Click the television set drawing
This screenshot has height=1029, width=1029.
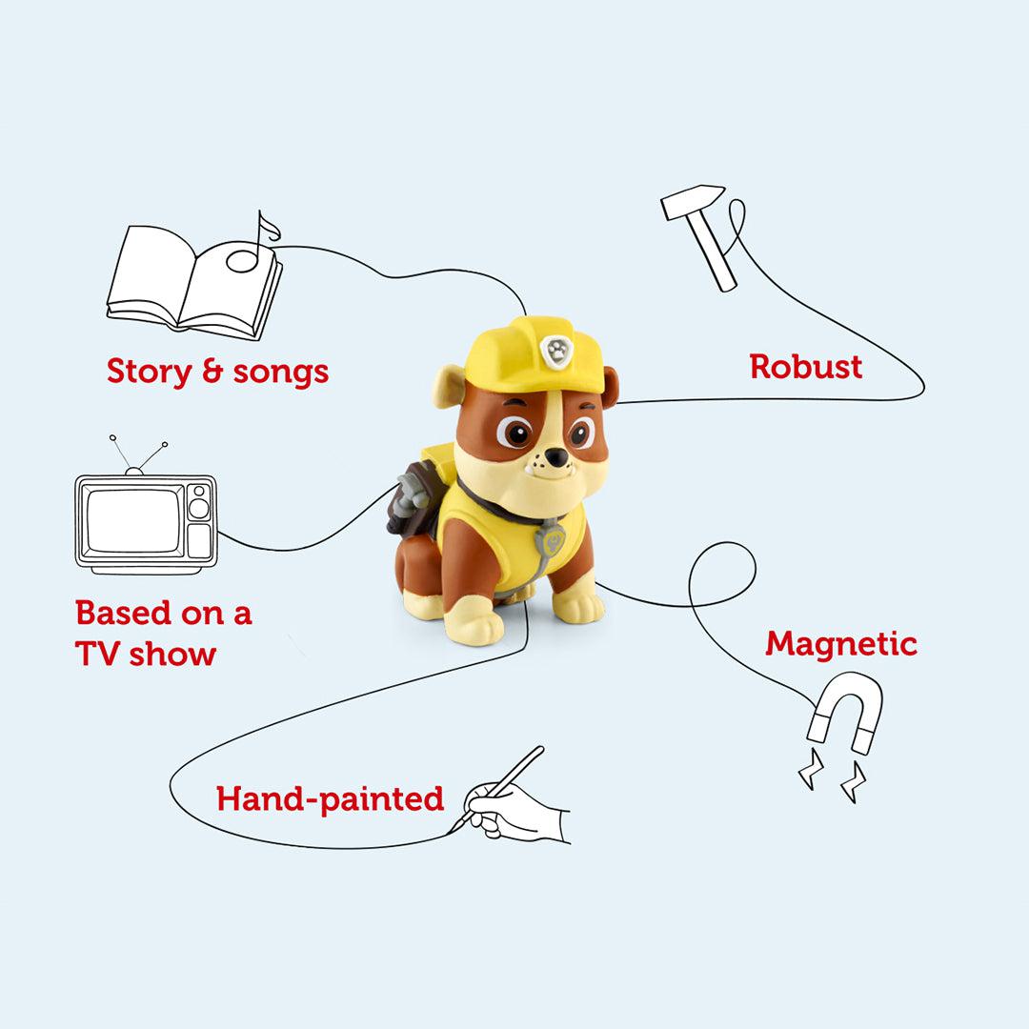tap(146, 523)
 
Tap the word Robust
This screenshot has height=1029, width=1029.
tap(805, 367)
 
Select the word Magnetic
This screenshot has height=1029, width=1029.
tap(840, 644)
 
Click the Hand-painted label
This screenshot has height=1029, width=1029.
tap(330, 798)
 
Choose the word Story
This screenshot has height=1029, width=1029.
tap(149, 371)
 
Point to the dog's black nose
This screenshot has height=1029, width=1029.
tap(555, 459)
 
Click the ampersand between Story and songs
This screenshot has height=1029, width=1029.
tap(212, 372)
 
